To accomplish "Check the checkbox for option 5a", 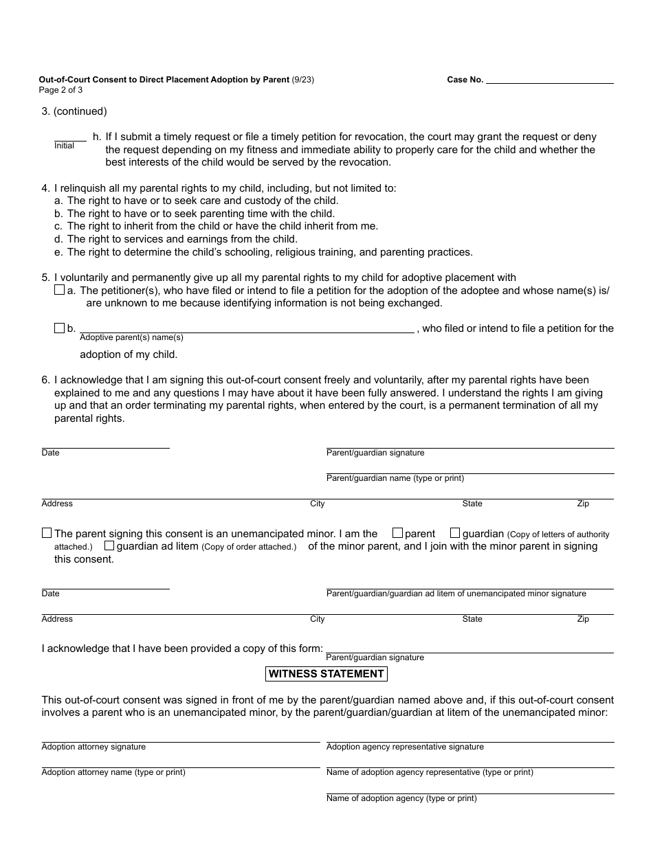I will (x=59, y=291).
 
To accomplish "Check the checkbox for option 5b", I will (x=59, y=328).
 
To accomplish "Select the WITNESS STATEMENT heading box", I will (x=326, y=674).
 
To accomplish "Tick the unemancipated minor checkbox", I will (x=47, y=533).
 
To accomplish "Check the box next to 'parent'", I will (x=397, y=533).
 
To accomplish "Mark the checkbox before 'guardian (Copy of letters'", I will (x=455, y=533).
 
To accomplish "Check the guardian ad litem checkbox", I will (x=109, y=546).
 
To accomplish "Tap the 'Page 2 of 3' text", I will (x=60, y=90).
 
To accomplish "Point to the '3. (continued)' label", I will (x=74, y=111).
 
